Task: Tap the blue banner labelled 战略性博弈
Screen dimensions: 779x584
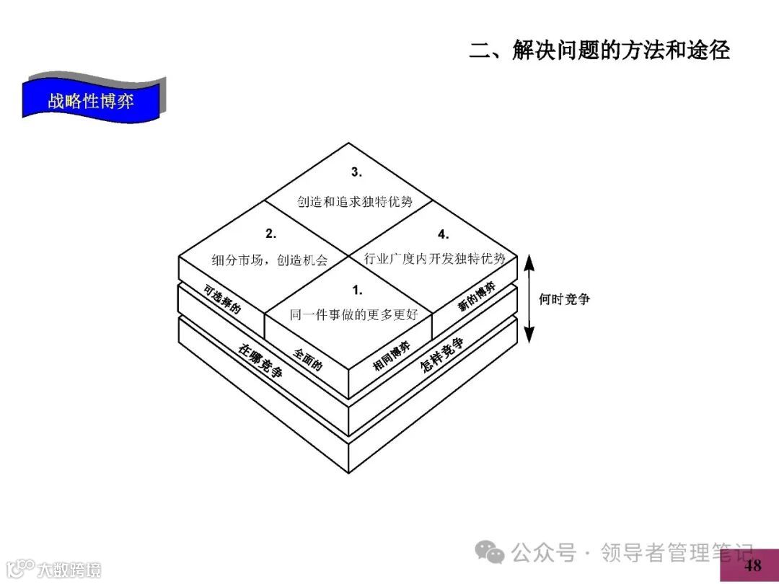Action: point(91,100)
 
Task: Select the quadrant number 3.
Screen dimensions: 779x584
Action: point(356,172)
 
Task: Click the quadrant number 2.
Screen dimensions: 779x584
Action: point(270,233)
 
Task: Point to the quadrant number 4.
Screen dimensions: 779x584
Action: point(443,234)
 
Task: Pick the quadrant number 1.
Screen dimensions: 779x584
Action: point(356,290)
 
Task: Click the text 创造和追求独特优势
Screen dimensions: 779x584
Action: point(355,202)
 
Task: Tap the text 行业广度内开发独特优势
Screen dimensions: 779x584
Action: point(434,258)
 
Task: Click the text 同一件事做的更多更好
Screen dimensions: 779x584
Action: point(354,315)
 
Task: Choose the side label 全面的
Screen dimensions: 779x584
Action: point(308,358)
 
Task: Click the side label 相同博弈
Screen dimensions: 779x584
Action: point(392,356)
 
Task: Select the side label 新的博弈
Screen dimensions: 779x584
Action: point(477,297)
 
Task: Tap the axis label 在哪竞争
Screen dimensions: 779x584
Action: point(260,362)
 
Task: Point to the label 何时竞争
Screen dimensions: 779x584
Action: point(564,298)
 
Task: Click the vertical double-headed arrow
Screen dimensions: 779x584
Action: point(529,298)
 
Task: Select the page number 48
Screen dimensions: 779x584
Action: point(752,565)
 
